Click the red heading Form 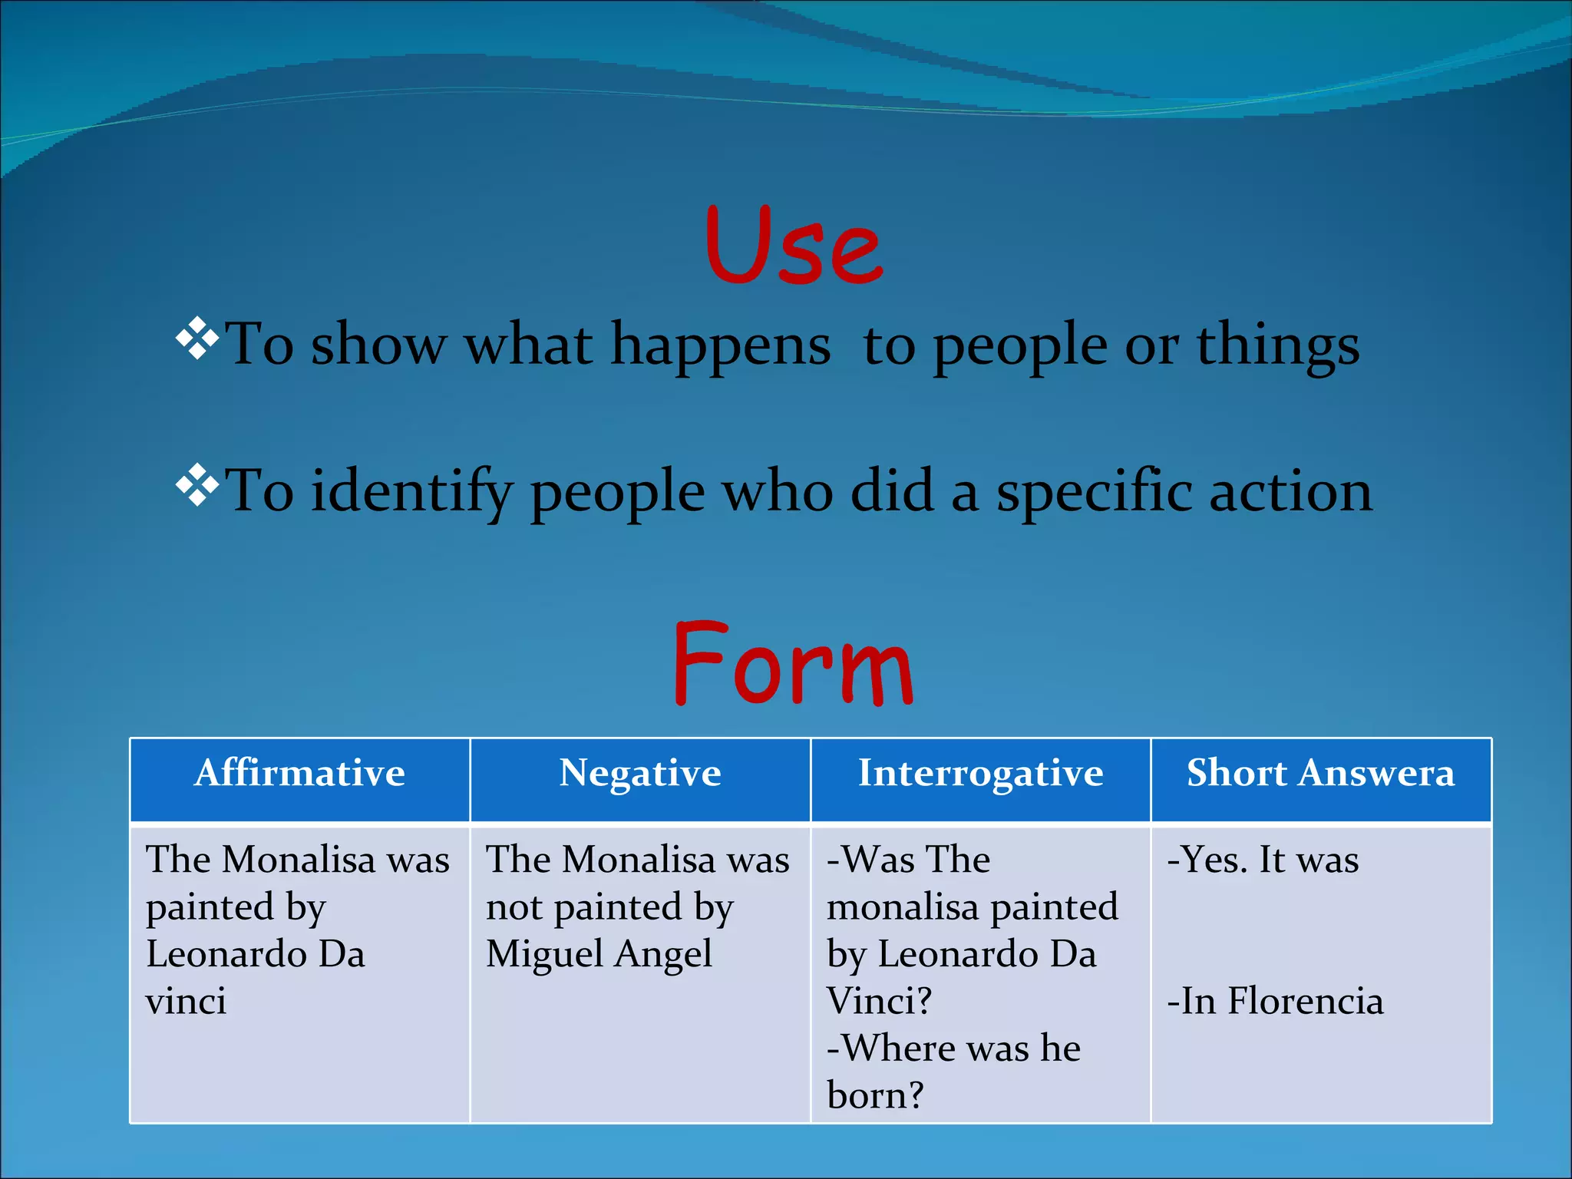[x=793, y=665]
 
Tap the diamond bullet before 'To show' [x=197, y=339]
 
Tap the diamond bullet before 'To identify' [x=197, y=485]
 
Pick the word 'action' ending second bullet [x=1290, y=491]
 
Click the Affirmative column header [x=299, y=773]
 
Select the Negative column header [x=640, y=773]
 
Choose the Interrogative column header [x=980, y=773]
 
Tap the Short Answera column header [x=1320, y=773]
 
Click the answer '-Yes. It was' [x=1263, y=860]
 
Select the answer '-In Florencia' [x=1275, y=1002]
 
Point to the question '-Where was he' [x=953, y=1049]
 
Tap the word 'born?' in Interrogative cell [x=875, y=1096]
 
